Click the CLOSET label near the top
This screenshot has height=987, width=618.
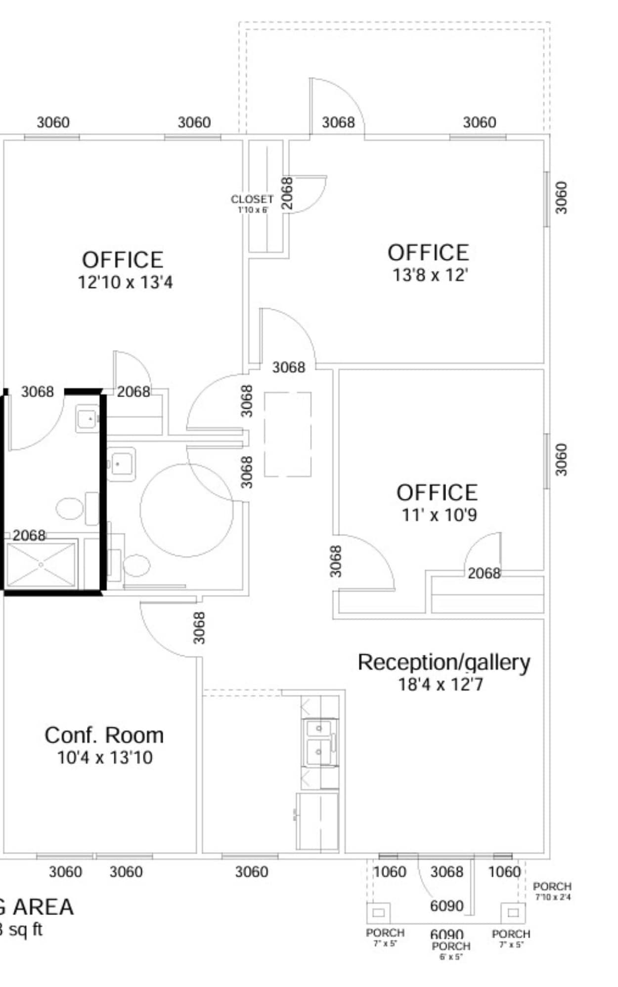pos(252,199)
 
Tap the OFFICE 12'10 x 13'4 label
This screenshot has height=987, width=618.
pos(123,260)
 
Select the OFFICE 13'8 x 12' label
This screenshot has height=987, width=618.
pos(428,253)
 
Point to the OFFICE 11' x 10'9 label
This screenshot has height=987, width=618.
pos(437,493)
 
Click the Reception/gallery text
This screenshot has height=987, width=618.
pos(443,662)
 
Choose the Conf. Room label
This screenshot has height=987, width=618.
pos(104,735)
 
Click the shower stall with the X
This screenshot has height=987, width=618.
pos(41,564)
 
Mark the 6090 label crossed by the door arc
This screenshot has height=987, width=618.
pos(446,906)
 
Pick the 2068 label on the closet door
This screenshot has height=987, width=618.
pos(287,193)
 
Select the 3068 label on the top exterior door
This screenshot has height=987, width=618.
pos(338,123)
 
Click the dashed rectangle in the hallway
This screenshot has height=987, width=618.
pos(288,434)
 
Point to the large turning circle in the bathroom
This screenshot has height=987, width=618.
pos(186,510)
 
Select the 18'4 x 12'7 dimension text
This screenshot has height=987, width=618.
pos(441,685)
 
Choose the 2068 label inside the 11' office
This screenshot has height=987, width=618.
pos(484,573)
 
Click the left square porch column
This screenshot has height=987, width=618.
pos(378,912)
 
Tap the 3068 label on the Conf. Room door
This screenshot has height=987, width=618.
pos(199,628)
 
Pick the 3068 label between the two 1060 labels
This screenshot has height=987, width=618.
pos(446,872)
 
